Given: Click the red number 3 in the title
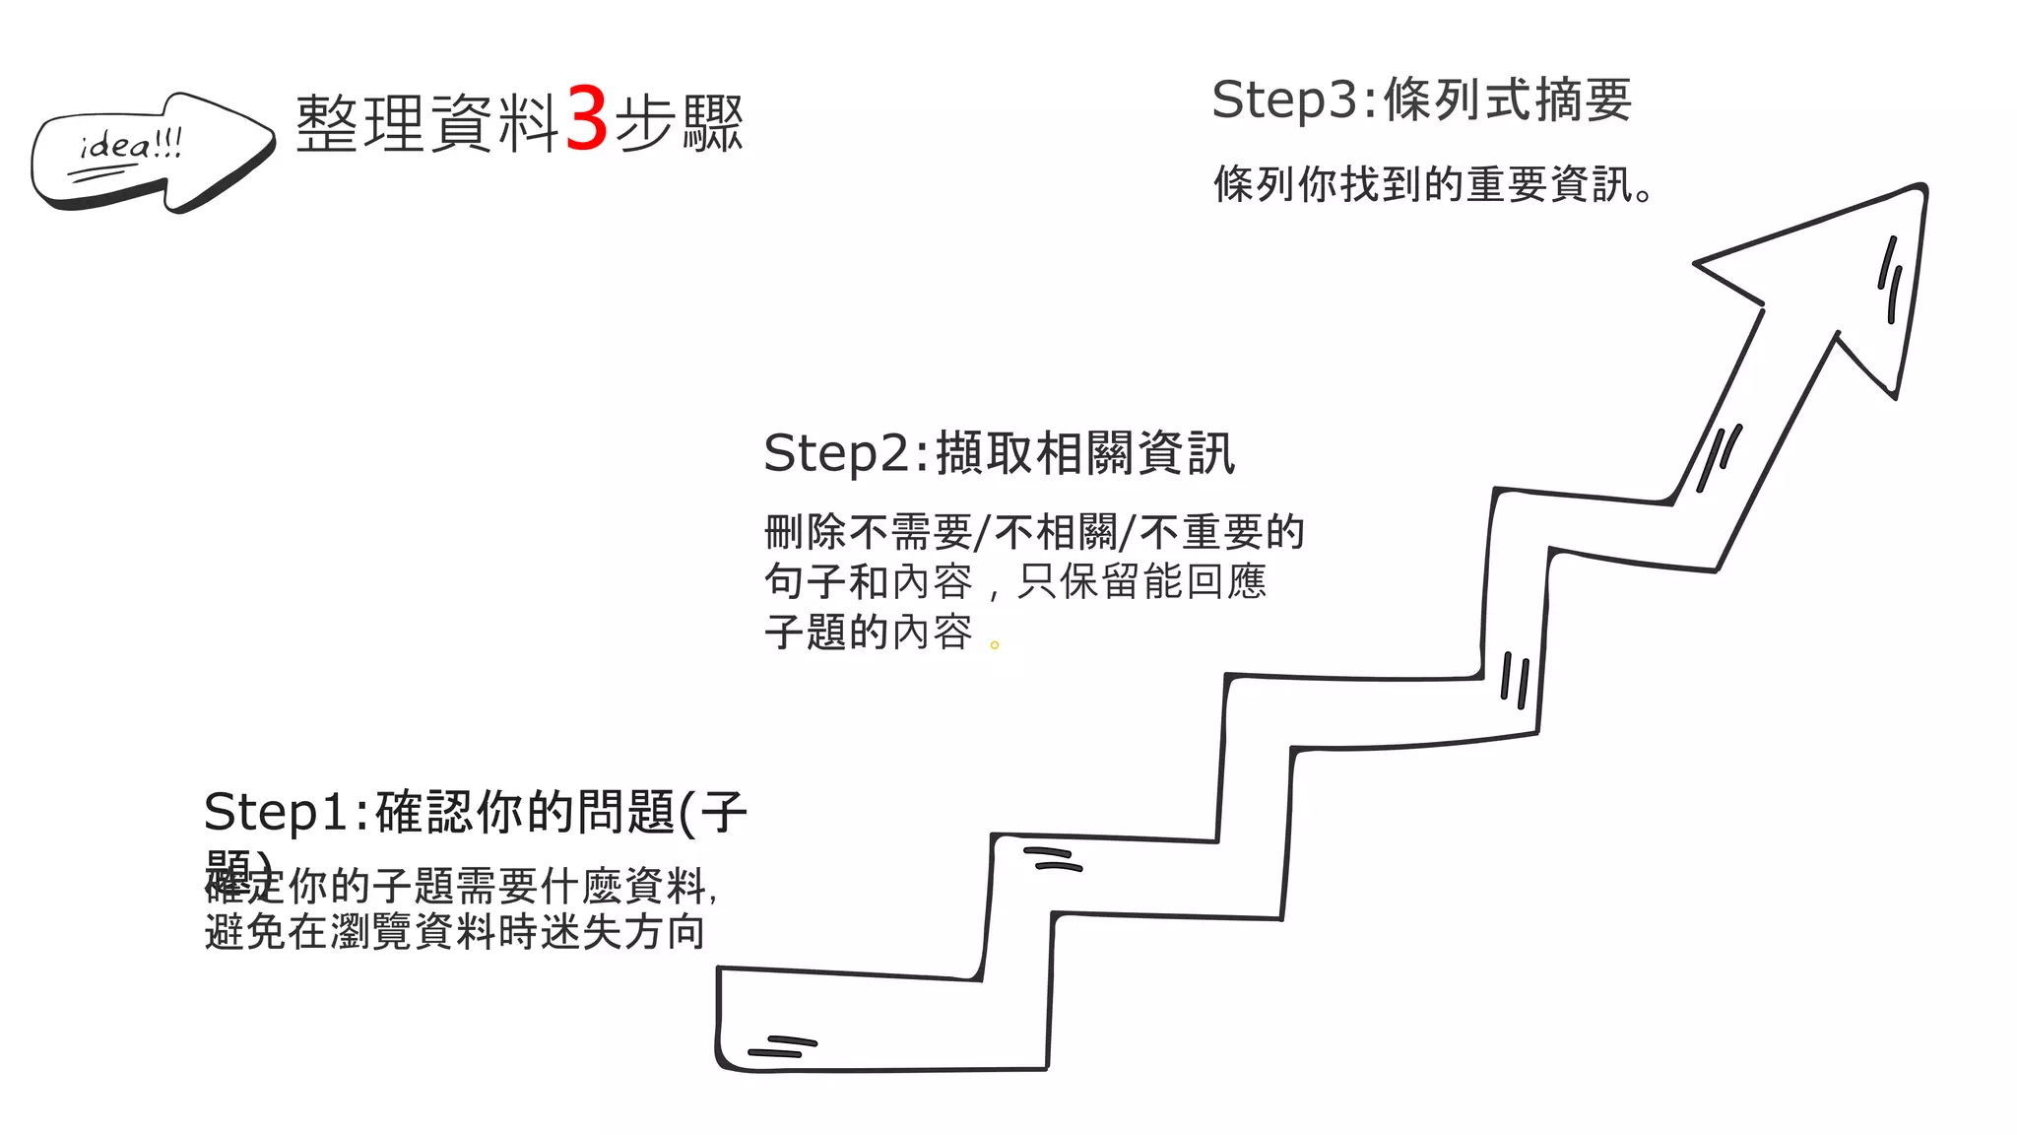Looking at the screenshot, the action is [x=587, y=120].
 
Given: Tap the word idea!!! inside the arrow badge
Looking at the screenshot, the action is [x=131, y=147].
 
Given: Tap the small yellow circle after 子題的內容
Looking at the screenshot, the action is [x=995, y=645].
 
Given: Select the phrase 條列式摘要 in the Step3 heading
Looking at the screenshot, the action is [x=1508, y=100].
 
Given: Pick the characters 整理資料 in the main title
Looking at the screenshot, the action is [x=427, y=124].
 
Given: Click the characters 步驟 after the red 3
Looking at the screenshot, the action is [x=680, y=124].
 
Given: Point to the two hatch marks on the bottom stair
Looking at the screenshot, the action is [x=783, y=1046].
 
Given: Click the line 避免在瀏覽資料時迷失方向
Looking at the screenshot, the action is [x=455, y=932].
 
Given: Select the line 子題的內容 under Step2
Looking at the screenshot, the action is [x=868, y=633].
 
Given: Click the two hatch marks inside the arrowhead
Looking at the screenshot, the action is [x=1889, y=278].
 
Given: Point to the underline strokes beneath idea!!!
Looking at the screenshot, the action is [x=103, y=174].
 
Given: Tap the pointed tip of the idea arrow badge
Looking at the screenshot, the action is [x=272, y=139].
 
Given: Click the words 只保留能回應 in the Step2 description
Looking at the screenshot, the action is [x=1141, y=581].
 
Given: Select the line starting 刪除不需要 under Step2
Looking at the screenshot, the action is [x=1034, y=532].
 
